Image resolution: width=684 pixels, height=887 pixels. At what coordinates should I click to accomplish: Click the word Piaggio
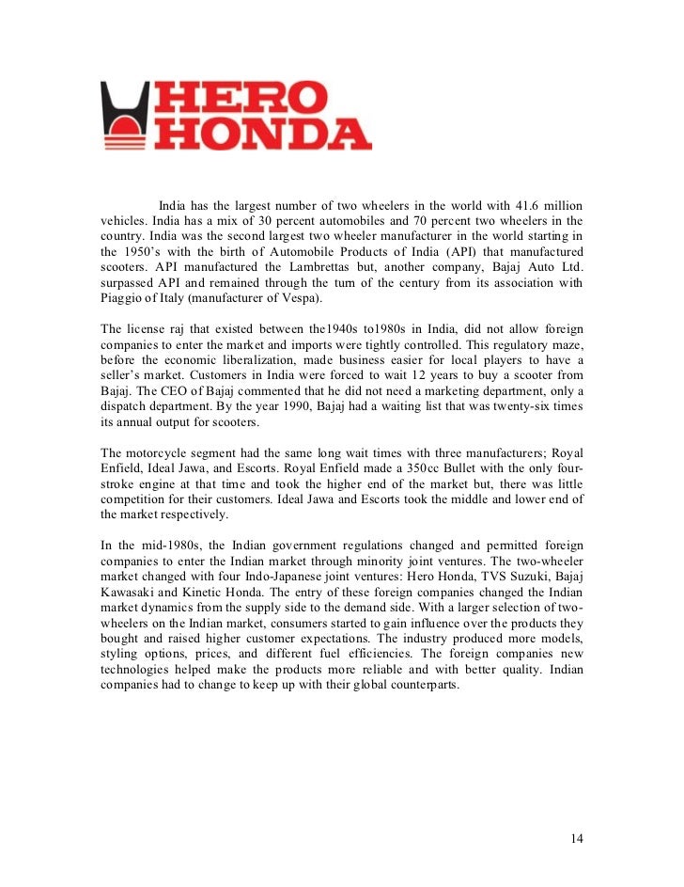tap(126, 299)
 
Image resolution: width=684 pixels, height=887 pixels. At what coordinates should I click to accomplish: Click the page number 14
tap(577, 838)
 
